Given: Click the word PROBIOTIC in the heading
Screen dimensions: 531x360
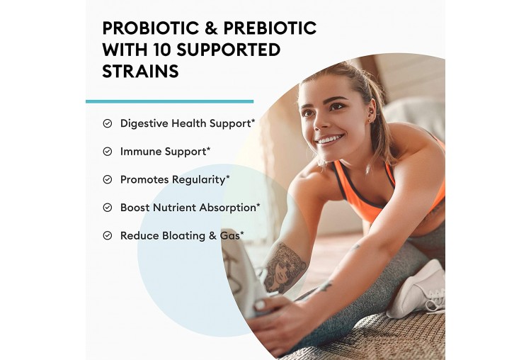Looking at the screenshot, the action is tap(151, 28).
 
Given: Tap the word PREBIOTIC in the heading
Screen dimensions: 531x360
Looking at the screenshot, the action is tap(270, 28).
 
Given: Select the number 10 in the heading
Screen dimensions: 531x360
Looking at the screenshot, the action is tap(159, 50).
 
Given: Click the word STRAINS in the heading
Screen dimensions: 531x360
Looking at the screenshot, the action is tap(140, 71).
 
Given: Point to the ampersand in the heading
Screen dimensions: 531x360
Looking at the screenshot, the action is tap(211, 28).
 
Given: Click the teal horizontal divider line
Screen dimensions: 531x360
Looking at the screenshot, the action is tap(169, 101).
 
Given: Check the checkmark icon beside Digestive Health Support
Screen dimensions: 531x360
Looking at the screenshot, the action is tap(108, 123).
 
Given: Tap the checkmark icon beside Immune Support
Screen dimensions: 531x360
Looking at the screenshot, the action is tap(108, 152).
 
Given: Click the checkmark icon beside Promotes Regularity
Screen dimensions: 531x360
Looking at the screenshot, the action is tap(108, 179).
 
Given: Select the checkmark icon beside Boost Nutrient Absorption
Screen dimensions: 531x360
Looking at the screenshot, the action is tap(108, 208).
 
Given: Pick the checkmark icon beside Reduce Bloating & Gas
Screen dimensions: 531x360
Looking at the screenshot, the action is tap(108, 235).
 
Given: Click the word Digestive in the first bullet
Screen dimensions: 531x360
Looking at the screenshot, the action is tap(144, 124).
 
